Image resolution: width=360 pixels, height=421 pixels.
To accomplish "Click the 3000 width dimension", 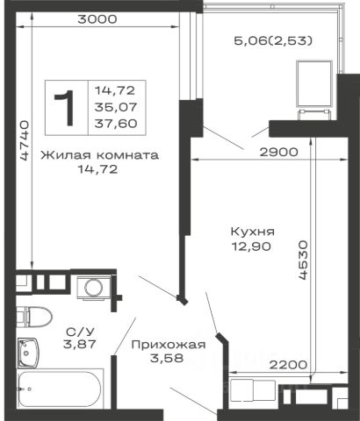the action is pyautogui.click(x=97, y=19).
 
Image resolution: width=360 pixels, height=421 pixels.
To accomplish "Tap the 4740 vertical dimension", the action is pyautogui.click(x=24, y=139).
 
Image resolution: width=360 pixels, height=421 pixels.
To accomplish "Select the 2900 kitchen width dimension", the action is pyautogui.click(x=278, y=152).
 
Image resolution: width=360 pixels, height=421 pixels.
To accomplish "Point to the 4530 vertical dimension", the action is pyautogui.click(x=303, y=260).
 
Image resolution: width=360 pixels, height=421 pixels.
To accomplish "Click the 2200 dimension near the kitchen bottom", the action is pyautogui.click(x=288, y=365).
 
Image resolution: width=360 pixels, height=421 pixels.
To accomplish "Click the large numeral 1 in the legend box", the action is pyautogui.click(x=65, y=108).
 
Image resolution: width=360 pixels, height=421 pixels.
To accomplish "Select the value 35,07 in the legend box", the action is pyautogui.click(x=116, y=107).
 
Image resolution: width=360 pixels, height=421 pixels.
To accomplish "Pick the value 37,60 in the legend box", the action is pyautogui.click(x=116, y=124).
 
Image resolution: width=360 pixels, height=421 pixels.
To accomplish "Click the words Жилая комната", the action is pyautogui.click(x=100, y=154).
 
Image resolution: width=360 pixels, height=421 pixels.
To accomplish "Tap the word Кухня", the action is pyautogui.click(x=253, y=232).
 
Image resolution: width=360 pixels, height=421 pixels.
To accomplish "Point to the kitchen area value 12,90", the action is pyautogui.click(x=251, y=246).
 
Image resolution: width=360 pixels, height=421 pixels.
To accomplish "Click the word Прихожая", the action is pyautogui.click(x=169, y=345).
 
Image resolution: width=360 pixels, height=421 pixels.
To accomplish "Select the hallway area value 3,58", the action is pyautogui.click(x=167, y=358).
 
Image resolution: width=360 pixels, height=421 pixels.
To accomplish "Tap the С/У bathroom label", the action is pyautogui.click(x=80, y=332).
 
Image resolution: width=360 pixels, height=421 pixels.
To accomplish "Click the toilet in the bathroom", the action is pyautogui.click(x=34, y=317).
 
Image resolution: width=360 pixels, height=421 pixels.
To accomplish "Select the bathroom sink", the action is pyautogui.click(x=27, y=352).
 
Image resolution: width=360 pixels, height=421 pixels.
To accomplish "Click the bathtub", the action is pyautogui.click(x=61, y=389).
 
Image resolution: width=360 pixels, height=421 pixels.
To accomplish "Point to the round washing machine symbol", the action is pyautogui.click(x=94, y=287).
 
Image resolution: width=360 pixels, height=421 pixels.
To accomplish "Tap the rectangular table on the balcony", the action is pyautogui.click(x=314, y=84).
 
